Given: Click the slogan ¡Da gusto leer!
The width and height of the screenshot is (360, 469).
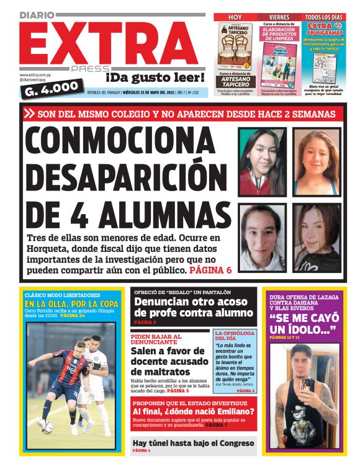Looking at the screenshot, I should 155,78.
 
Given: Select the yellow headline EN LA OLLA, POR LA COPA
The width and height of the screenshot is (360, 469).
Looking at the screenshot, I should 71,304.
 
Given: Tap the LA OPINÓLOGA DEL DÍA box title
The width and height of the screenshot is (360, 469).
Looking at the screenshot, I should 234,337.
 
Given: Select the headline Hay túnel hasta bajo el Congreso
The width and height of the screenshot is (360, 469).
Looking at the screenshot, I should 194,443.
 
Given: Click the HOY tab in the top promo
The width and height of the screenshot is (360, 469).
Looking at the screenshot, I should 235,17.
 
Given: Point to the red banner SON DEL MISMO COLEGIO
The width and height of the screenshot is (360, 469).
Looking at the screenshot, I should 186,114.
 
